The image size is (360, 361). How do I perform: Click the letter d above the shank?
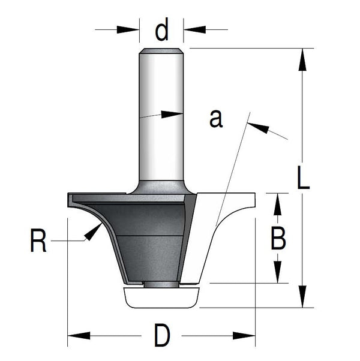[161, 29]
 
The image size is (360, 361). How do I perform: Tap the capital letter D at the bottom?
[162, 335]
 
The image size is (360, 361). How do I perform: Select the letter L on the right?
[303, 177]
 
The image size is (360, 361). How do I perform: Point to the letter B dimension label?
[278, 238]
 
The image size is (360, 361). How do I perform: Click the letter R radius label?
[38, 240]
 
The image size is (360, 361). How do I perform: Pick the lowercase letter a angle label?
[216, 119]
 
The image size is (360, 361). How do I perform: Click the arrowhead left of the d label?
[128, 30]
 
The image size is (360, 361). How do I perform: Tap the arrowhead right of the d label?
[194, 29]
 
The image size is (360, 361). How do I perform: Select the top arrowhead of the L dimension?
[302, 59]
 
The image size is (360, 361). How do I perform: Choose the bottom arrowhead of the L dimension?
[302, 296]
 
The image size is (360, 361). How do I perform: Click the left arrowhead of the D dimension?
[79, 335]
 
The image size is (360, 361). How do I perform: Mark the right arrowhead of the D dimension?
[244, 335]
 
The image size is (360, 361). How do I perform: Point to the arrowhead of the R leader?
[93, 232]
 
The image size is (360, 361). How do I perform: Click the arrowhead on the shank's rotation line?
[172, 115]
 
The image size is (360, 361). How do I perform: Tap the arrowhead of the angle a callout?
[258, 128]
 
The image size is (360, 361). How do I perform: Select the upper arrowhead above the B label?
[278, 204]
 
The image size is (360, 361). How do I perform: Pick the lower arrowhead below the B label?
[278, 272]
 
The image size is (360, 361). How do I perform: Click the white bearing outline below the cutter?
[161, 297]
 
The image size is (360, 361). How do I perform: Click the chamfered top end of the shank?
[161, 51]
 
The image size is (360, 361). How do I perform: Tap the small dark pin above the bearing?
[161, 285]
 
